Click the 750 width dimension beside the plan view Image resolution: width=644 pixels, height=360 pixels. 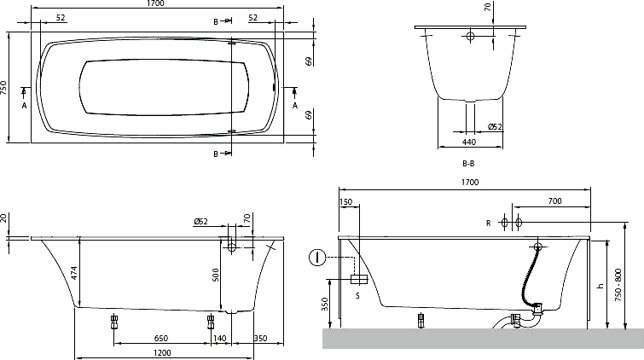3,88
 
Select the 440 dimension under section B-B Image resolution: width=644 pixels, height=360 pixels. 469,142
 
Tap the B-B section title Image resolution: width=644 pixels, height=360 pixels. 468,163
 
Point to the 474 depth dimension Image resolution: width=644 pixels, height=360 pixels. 74,273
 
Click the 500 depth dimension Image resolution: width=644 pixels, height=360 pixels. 216,275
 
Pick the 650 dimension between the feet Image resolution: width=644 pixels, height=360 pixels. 161,338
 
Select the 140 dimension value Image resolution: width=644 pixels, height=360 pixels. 220,338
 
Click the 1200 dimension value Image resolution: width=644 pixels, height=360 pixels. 163,352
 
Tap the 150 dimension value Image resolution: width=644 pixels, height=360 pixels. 346,202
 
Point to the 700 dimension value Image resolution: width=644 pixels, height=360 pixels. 554,200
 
